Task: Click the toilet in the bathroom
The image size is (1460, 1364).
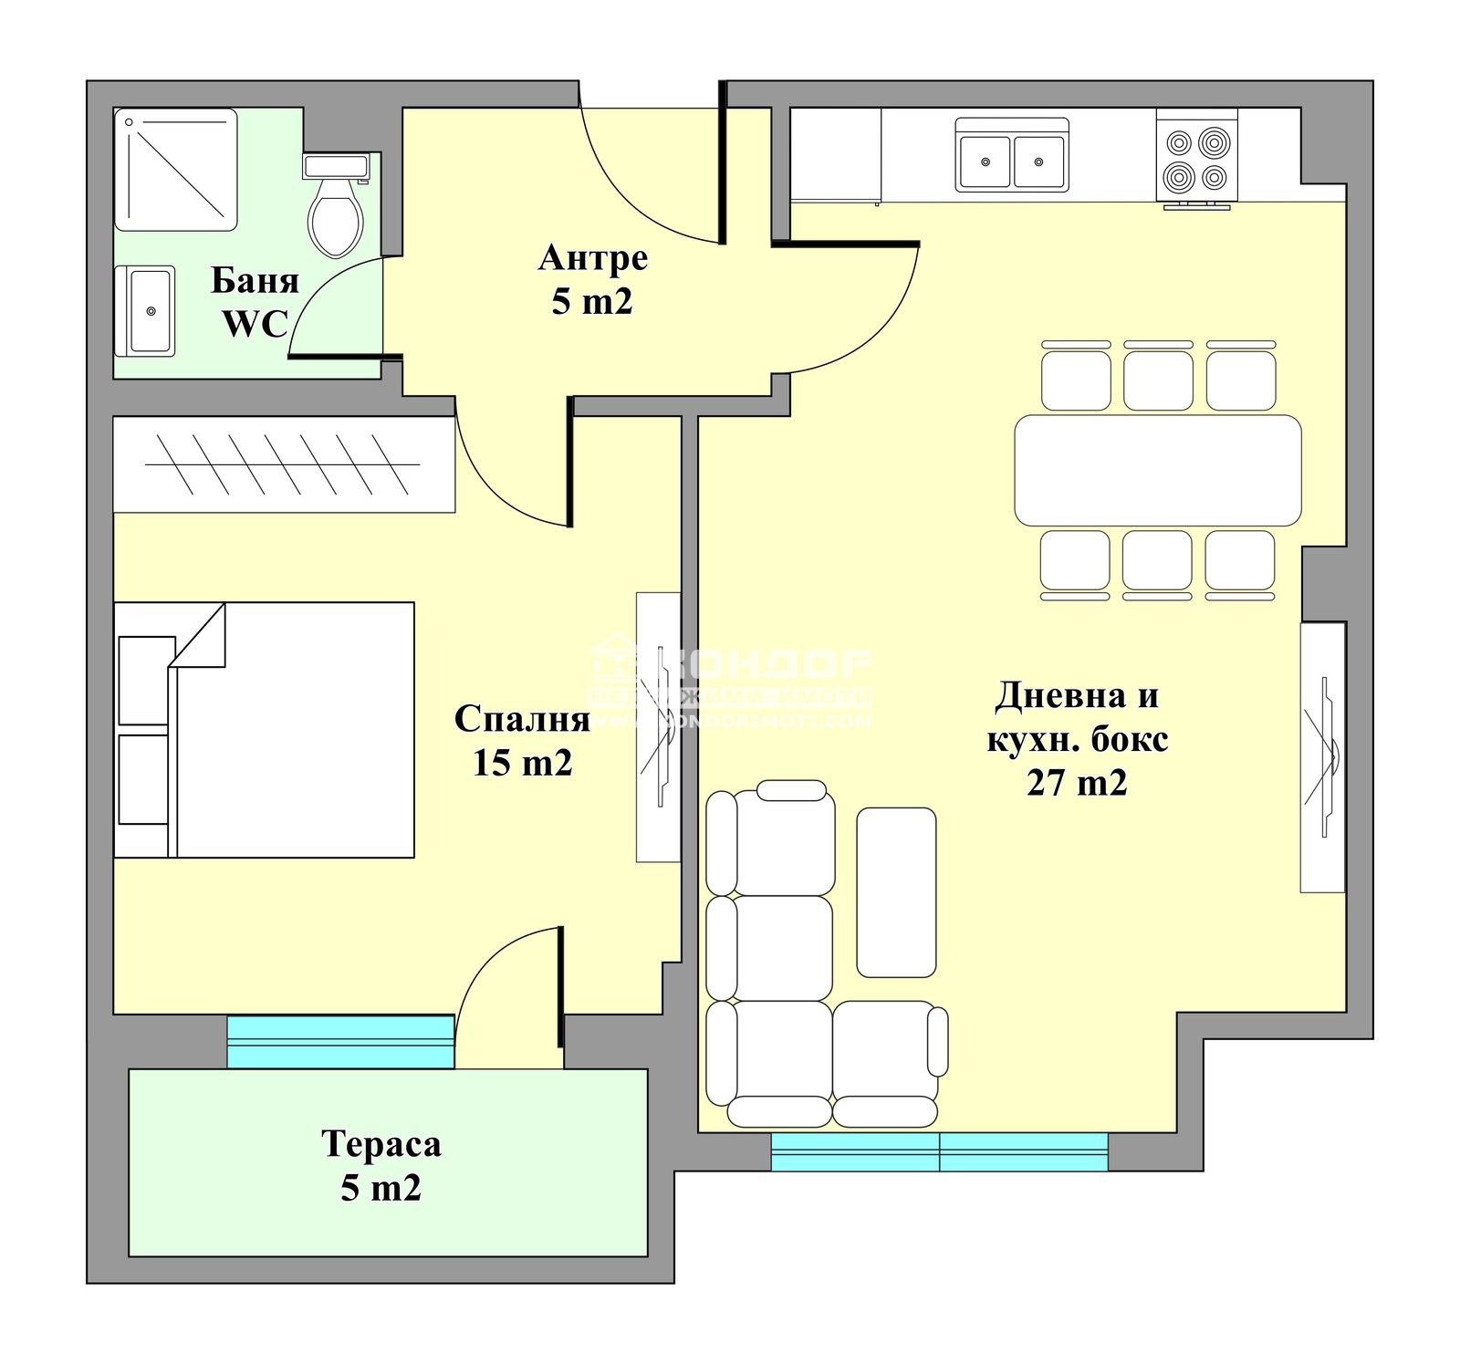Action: [x=335, y=210]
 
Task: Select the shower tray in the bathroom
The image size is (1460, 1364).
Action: [x=175, y=170]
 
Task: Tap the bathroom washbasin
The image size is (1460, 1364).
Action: [x=146, y=311]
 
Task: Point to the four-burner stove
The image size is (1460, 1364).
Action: [x=1196, y=158]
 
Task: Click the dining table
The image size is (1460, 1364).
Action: [x=1157, y=470]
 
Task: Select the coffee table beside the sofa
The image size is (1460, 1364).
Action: [x=896, y=891]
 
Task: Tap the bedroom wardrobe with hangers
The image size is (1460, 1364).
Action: [x=283, y=464]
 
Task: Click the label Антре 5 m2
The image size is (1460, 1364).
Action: [x=592, y=279]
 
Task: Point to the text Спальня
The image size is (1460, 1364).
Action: [x=522, y=719]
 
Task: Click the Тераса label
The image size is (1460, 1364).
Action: [x=381, y=1144]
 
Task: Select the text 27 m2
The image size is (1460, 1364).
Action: [x=1077, y=783]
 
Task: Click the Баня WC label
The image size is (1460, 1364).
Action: [x=255, y=301]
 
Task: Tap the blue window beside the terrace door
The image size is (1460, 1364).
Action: [x=340, y=1041]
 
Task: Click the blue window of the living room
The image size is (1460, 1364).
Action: [x=939, y=1151]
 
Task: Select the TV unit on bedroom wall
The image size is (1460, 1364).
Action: [x=658, y=726]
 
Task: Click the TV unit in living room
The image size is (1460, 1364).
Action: [x=1322, y=756]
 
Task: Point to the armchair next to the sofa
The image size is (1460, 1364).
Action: [x=888, y=1063]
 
